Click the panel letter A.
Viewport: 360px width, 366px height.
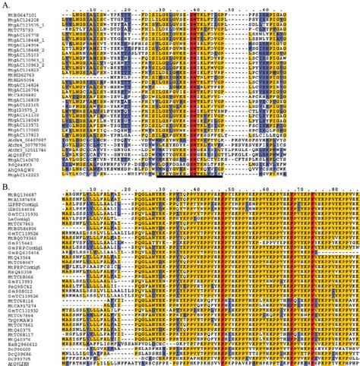pos(5,5)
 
